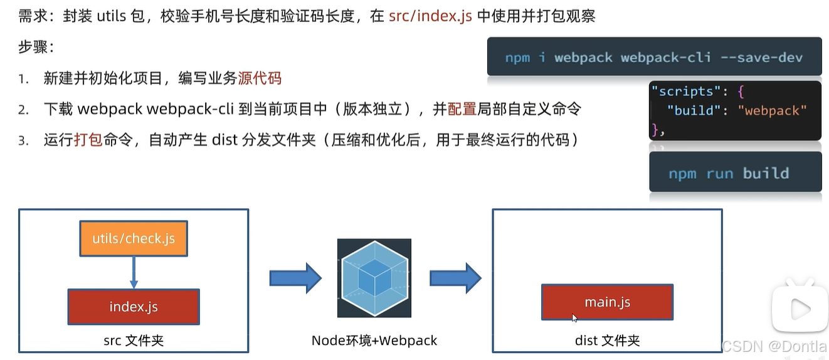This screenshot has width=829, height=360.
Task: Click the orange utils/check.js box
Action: (x=134, y=238)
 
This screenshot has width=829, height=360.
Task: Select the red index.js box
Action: (x=134, y=307)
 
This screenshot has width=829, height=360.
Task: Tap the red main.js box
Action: (x=607, y=302)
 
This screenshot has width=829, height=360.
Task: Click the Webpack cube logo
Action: (x=374, y=278)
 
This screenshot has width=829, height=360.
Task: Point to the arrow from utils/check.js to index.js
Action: (x=134, y=272)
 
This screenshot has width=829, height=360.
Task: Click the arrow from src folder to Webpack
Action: (x=295, y=278)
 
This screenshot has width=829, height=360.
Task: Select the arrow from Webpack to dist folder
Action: (x=455, y=278)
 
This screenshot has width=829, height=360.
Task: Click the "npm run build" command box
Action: (x=735, y=173)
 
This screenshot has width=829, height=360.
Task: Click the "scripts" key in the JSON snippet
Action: (x=686, y=91)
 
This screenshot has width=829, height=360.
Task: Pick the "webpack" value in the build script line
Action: (x=772, y=110)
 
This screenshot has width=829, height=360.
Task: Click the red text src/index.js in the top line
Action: (x=430, y=16)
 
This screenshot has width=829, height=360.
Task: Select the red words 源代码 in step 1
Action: (x=260, y=78)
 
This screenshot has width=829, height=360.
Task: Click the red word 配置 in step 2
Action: (x=462, y=109)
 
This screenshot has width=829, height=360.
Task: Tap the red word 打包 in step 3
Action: (x=88, y=139)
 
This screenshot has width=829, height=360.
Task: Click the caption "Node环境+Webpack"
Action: (x=374, y=341)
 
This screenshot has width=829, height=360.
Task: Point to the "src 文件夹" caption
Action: (x=134, y=341)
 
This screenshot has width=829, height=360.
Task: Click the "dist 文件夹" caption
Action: (x=607, y=341)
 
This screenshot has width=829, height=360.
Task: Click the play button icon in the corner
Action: (x=800, y=309)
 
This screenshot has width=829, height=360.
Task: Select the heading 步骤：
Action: (x=36, y=47)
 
